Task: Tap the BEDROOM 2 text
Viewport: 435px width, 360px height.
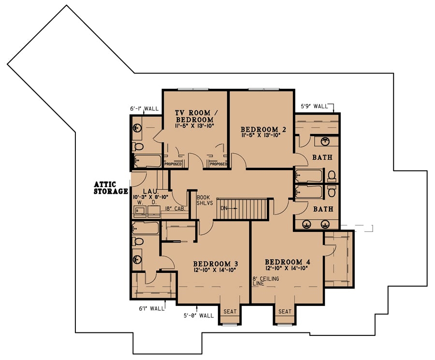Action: click(261, 130)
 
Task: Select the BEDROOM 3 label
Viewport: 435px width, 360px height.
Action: click(215, 264)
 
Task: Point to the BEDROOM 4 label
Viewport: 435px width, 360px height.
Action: click(287, 262)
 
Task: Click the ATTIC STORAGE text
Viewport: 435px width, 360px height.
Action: click(111, 188)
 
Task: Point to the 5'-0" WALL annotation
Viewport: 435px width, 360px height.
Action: click(198, 316)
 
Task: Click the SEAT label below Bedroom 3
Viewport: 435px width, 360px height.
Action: click(230, 312)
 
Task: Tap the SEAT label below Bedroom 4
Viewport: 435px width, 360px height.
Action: click(285, 312)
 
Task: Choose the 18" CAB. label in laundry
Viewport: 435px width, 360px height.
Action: click(174, 209)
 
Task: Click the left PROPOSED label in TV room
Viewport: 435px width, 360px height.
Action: click(173, 164)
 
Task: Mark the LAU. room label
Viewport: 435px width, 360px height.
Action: click(147, 191)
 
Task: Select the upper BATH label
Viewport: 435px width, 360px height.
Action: click(322, 158)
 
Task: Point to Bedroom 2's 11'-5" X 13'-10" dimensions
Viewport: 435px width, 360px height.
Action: click(261, 136)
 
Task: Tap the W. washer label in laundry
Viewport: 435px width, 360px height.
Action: click(138, 203)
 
